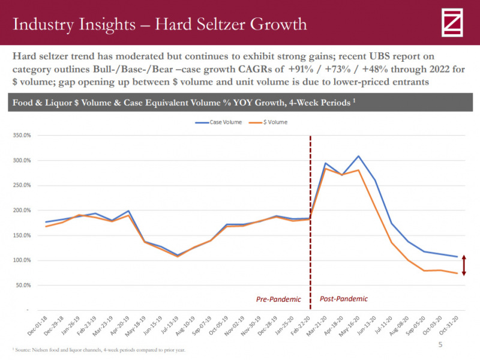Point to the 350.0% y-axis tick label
(x=22, y=136)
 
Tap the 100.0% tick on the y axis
(x=22, y=260)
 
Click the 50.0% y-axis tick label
(x=23, y=285)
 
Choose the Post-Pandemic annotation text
(x=343, y=298)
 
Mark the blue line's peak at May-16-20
(x=358, y=156)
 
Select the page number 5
(x=440, y=345)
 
